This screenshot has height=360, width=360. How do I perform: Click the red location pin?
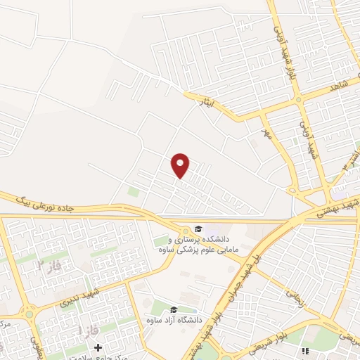(x=181, y=165)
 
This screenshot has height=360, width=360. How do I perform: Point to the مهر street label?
(x=266, y=133)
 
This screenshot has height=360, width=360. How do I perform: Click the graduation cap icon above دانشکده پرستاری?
(x=198, y=229)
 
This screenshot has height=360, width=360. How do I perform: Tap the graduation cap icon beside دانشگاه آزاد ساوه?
(x=174, y=309)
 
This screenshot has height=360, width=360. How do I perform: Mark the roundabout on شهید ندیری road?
(x=29, y=309)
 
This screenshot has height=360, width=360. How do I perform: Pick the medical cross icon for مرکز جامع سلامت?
(x=98, y=347)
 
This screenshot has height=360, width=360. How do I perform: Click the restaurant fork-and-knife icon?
(x=304, y=350)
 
